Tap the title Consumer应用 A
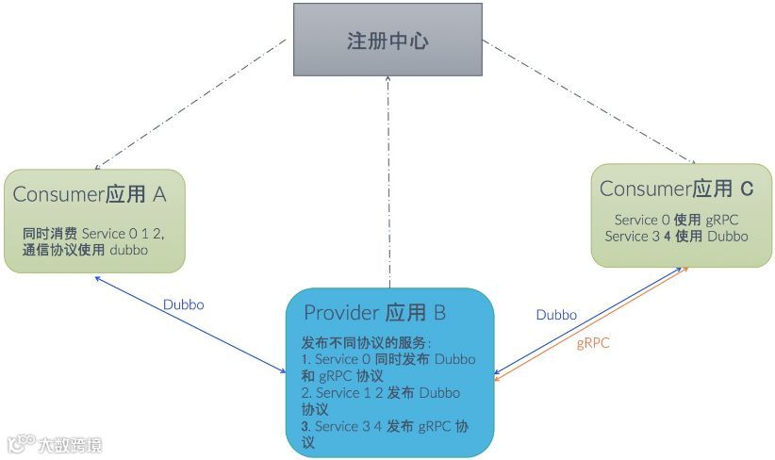[x=90, y=195]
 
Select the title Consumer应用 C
[x=676, y=189]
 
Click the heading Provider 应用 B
[x=374, y=312]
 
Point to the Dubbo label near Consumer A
[x=183, y=304]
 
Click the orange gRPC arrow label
[x=593, y=343]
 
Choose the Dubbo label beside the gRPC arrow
[x=556, y=315]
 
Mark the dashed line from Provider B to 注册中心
[x=387, y=179]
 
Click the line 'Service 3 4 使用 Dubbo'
[x=676, y=236]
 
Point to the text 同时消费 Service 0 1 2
[x=99, y=233]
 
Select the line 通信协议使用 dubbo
[x=85, y=250]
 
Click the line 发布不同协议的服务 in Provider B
[x=366, y=341]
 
